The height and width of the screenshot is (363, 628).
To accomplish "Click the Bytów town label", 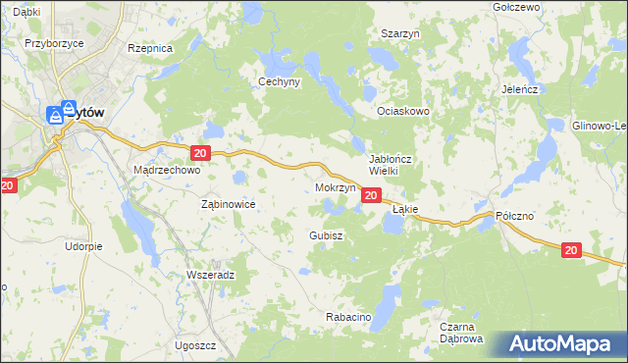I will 87,112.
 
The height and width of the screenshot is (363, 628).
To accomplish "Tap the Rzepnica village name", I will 150,47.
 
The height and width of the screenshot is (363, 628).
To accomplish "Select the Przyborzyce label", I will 52,43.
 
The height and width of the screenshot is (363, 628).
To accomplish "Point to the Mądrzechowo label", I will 166,170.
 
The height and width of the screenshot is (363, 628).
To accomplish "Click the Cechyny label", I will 279,82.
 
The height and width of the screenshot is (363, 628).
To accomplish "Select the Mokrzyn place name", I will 335,186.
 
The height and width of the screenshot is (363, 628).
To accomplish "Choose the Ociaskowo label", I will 404,111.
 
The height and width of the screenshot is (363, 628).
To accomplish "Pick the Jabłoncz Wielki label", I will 395,164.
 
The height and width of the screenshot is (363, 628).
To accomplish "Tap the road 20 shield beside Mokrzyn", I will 370,196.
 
